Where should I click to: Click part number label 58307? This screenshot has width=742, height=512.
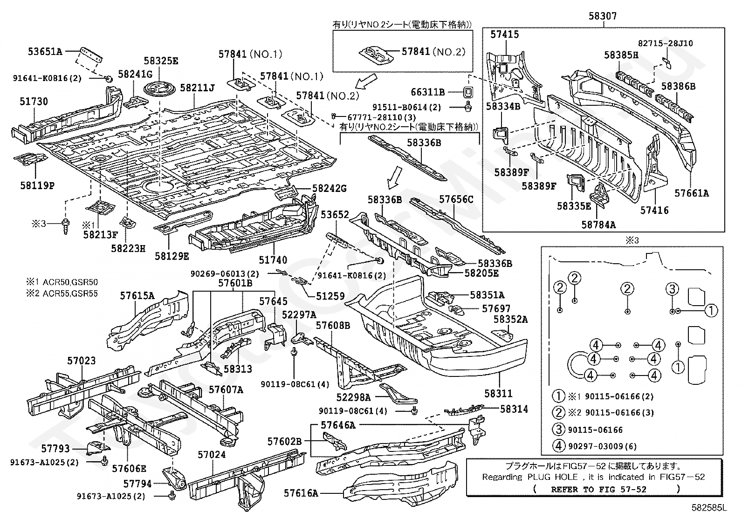coord(603,15)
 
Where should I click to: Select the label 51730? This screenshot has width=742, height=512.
coord(34,102)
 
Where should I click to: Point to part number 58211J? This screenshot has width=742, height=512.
coord(198,88)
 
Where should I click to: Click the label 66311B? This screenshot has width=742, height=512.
coord(428,92)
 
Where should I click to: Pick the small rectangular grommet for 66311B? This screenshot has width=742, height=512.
coord(468,92)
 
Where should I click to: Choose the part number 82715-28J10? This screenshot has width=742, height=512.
coord(666,43)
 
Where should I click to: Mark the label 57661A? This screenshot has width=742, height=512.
coord(692,193)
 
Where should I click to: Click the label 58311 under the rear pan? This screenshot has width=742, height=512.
coord(498,394)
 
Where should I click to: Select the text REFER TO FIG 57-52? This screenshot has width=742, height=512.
coord(599,490)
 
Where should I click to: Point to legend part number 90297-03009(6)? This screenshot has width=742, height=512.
coord(603,446)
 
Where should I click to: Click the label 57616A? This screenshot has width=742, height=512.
coord(301,493)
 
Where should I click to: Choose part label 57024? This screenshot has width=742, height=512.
coord(212,455)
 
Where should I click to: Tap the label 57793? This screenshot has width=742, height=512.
coord(55,449)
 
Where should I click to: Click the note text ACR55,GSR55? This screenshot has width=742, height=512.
coord(70,294)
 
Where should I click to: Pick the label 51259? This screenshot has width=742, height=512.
coord(330,296)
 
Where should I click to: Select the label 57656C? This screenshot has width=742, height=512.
coord(456,199)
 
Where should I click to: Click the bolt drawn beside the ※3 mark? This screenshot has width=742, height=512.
coord(66,226)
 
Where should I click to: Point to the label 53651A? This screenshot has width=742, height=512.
coord(45,51)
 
